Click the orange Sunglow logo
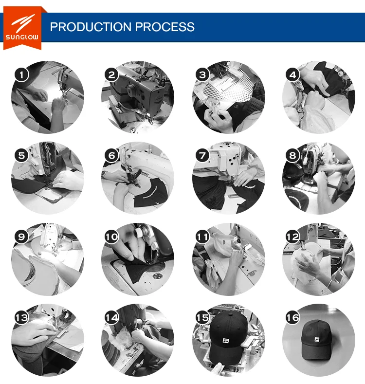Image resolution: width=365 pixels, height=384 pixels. (22, 28)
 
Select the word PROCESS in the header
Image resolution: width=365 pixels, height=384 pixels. (165, 27)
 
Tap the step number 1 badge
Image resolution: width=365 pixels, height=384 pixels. (22, 74)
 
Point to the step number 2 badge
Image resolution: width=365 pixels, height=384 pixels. (112, 74)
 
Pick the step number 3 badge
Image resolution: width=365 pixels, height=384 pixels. (202, 74)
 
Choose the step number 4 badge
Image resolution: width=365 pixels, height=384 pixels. (293, 74)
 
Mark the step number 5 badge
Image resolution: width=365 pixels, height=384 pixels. (22, 156)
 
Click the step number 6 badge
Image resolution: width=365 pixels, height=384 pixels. (112, 156)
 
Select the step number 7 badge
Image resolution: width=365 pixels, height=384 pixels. (202, 156)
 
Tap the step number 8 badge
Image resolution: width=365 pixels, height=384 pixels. (293, 156)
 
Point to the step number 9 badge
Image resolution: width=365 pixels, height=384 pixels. (22, 237)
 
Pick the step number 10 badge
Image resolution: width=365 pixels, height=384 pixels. (112, 237)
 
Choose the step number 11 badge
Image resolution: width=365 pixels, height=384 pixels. (202, 237)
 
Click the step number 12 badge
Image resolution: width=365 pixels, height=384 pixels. (293, 237)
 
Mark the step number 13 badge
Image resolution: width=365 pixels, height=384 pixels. (22, 318)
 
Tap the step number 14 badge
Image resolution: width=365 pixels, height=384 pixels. (112, 318)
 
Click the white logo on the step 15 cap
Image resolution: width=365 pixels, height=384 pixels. (226, 341)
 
